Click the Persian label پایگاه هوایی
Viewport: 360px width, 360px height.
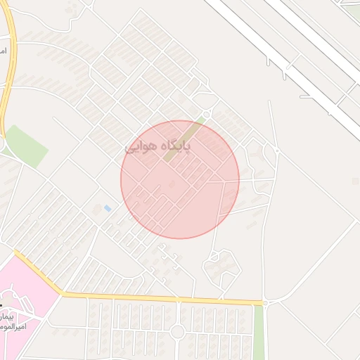pyautogui.click(x=168, y=147)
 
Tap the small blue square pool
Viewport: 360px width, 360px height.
pyautogui.click(x=107, y=208)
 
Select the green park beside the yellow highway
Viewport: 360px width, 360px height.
pyautogui.click(x=25, y=146)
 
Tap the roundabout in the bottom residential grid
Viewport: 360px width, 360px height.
pyautogui.click(x=177, y=330)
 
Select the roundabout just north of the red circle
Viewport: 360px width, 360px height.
pyautogui.click(x=206, y=113)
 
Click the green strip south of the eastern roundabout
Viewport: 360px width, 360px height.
pyautogui.click(x=259, y=330)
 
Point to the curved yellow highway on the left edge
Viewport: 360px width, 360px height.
pyautogui.click(x=10, y=77)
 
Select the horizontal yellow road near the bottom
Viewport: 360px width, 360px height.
pyautogui.click(x=162, y=298)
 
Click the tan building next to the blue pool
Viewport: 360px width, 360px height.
pyautogui.click(x=97, y=209)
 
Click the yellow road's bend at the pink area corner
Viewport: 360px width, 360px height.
pyautogui.click(x=61, y=292)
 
